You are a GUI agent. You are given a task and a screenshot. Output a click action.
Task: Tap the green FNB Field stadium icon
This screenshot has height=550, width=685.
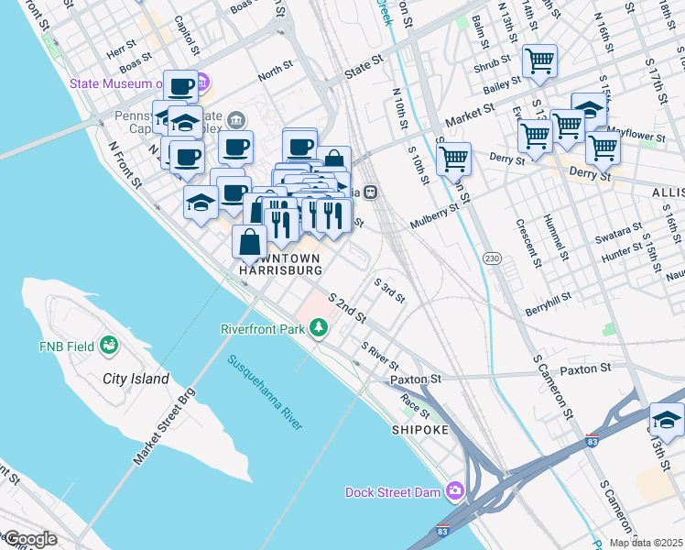coord(109,346)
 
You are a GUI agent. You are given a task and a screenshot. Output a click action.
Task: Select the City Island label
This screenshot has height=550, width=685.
coord(136,379)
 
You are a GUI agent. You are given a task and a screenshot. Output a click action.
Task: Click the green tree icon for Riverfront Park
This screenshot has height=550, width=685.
coord(319,328)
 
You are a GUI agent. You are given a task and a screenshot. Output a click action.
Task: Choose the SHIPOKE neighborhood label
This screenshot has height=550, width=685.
coord(420,429)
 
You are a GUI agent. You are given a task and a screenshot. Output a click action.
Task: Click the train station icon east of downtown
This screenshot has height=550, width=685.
coord(371,192)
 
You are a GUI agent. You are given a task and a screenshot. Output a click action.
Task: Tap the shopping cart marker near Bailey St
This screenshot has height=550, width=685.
coord(539,61)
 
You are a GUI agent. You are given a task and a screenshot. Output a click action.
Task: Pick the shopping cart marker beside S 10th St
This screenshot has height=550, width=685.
coord(453,158)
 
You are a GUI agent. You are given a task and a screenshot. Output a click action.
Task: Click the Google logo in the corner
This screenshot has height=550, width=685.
coord(30,539)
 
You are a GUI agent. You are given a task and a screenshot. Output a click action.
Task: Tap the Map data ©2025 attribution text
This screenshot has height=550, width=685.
coord(646,543)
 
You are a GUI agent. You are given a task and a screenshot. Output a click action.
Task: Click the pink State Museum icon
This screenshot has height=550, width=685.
coord(202,84)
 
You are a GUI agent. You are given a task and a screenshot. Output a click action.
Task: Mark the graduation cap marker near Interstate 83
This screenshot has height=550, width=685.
coord(667,421)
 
